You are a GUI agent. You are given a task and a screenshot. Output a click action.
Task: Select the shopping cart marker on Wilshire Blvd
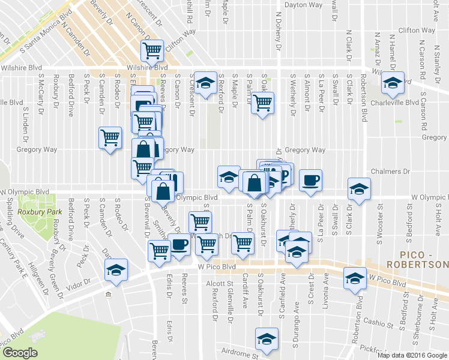click(x=152, y=52)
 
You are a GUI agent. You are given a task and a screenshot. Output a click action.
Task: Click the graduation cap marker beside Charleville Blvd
click(x=393, y=84)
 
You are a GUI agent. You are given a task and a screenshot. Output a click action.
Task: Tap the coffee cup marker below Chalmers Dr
click(x=310, y=181)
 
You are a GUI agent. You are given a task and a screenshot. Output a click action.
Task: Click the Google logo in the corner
click(x=19, y=353)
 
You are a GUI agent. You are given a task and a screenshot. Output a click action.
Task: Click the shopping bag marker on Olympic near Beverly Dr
click(x=163, y=191)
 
